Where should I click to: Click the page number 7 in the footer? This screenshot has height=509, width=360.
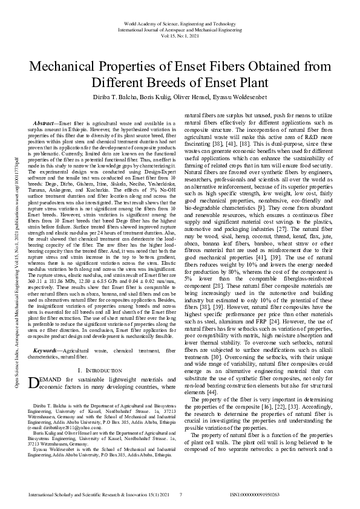pyautogui.click(x=181, y=495)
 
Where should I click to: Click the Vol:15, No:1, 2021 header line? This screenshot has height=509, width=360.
pyautogui.click(x=180, y=36)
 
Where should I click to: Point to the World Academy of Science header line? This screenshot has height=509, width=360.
pyautogui.click(x=180, y=22)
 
